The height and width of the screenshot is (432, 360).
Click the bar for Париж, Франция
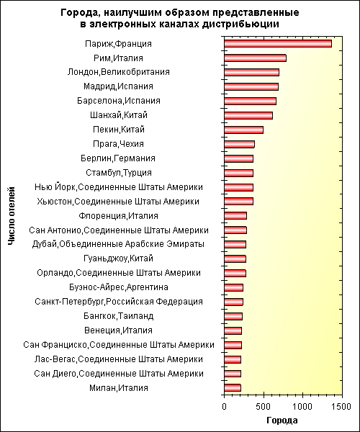pos(278,44)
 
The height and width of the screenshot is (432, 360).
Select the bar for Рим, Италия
pos(256,58)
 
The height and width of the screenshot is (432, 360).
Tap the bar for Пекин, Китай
pos(244,130)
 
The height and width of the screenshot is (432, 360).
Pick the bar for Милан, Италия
pos(233,388)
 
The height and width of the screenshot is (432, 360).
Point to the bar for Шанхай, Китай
pos(248,115)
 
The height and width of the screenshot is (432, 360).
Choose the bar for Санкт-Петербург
pos(233,302)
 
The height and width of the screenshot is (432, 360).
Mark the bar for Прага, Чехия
pos(239,144)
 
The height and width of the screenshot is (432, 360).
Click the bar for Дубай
pos(235,245)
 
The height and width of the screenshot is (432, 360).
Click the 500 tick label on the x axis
pos(264,406)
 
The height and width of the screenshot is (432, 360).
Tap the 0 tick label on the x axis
pos(224,406)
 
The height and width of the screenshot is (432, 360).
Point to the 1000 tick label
pos(302,406)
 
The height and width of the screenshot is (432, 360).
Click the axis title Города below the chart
pos(282,420)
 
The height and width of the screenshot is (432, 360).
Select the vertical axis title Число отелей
pos(11,216)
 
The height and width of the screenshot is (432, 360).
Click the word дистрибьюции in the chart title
pos(240,24)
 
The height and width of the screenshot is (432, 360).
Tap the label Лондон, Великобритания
pos(118,72)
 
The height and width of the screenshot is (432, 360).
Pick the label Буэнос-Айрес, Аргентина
pos(118,287)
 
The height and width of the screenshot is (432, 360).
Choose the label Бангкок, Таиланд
pos(118,316)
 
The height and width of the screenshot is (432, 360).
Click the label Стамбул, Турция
pos(118,173)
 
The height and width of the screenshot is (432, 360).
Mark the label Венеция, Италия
pos(118,330)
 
